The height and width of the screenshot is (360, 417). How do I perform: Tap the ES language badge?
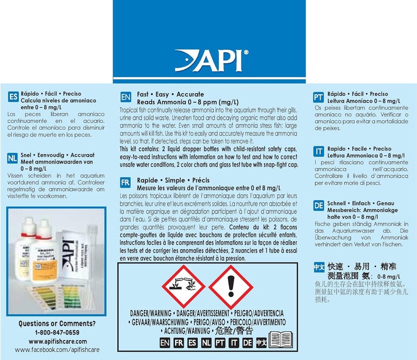coord(14,97)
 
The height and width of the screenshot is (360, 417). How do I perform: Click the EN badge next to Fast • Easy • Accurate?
coord(125,97)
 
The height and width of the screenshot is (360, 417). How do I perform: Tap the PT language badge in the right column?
coord(318,97)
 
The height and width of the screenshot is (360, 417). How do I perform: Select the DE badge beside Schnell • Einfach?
coord(318,206)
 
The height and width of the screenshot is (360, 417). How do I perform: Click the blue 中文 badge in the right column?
coord(318,267)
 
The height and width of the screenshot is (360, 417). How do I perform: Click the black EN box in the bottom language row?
coord(165,343)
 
